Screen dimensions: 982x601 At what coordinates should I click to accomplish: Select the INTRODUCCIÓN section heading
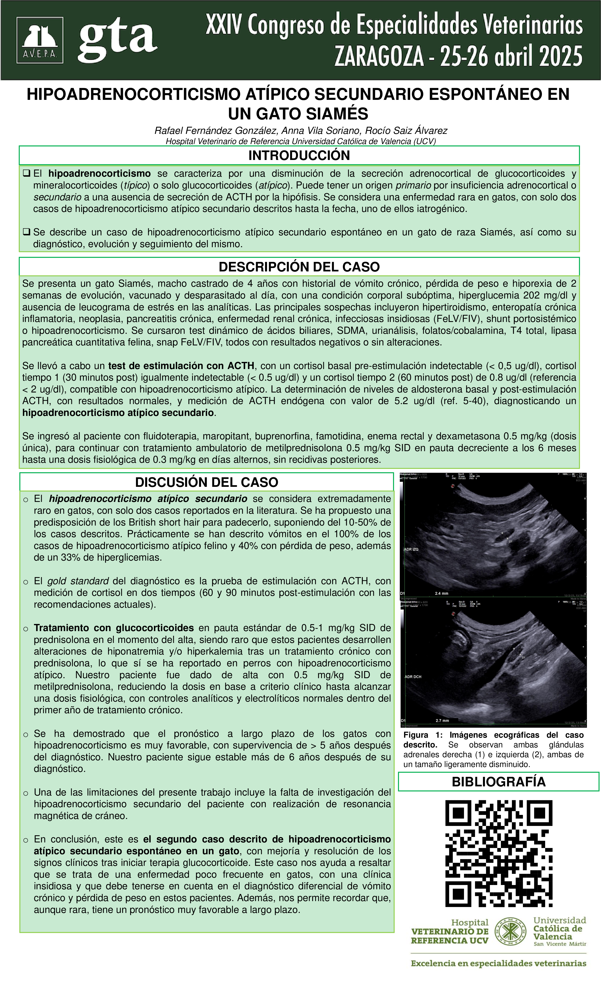[299, 155]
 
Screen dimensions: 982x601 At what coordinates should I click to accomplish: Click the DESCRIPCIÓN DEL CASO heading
[299, 267]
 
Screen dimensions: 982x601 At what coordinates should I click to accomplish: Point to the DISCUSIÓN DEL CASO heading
[207, 482]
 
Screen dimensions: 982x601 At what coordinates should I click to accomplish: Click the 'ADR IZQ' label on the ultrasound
[411, 549]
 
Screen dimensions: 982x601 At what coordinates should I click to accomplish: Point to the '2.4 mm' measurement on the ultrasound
[442, 593]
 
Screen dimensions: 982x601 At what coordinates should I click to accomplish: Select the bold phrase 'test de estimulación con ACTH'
[181, 366]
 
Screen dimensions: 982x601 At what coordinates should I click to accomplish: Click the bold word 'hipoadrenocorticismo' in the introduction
[99, 174]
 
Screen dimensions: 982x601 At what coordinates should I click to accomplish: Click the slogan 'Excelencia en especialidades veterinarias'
[498, 963]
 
